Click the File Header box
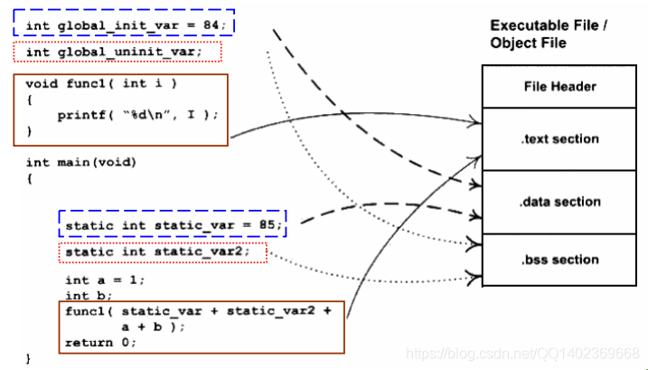click(560, 87)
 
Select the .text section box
click(560, 138)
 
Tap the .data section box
click(560, 202)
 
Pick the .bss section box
click(560, 260)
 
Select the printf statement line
click(137, 115)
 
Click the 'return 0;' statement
click(99, 343)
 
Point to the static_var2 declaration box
click(163, 251)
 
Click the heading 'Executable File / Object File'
click(548, 34)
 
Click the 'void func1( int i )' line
click(100, 83)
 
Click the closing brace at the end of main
click(28, 359)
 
